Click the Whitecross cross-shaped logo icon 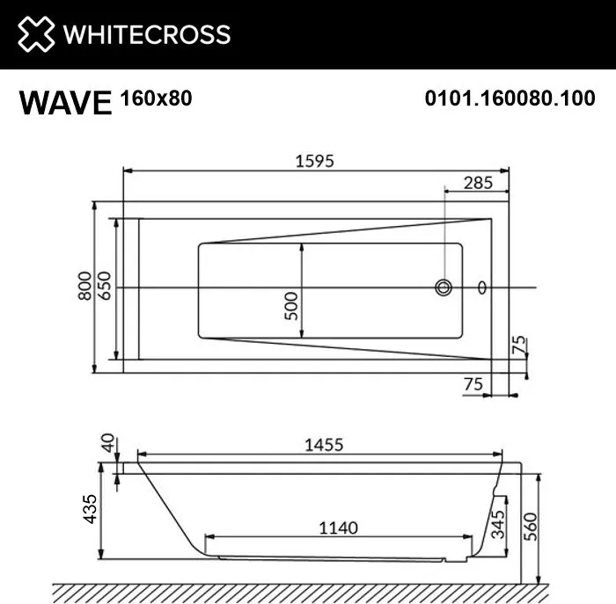(x=36, y=33)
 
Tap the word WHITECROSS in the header (x=147, y=34)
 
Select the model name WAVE (x=66, y=103)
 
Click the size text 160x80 (x=157, y=98)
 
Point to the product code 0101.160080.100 (x=510, y=98)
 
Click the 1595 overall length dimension (x=315, y=161)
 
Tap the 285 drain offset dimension (x=478, y=183)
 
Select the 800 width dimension (x=84, y=286)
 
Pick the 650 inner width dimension (x=105, y=286)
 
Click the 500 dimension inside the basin (x=291, y=306)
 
